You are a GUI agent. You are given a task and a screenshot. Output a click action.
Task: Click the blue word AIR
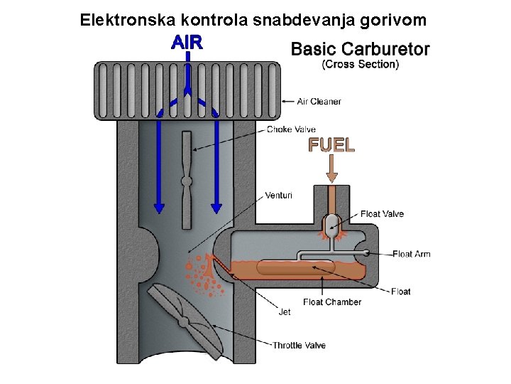pos(187,42)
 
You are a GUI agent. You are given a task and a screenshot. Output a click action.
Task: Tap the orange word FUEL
pos(331,145)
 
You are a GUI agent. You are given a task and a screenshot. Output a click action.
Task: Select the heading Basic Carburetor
pos(361,49)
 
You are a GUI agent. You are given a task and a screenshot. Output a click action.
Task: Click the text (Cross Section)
pos(361,64)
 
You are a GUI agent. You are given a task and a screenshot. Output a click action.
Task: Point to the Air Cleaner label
pos(319,102)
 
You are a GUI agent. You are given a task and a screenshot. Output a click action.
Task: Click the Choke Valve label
pos(291,129)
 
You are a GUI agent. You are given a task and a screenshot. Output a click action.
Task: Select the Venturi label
pos(278,195)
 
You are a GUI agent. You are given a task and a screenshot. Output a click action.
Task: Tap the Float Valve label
pos(382,213)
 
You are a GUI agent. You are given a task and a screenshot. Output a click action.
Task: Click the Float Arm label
pos(412,254)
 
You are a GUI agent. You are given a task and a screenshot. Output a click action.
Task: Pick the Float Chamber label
pos(332,302)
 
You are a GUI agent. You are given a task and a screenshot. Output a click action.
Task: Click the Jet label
pos(284,311)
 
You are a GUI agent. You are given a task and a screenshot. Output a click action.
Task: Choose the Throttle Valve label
pos(299,346)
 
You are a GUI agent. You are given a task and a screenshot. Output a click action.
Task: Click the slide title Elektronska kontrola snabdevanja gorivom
pos(253,19)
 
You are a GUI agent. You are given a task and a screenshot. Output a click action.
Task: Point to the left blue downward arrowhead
pos(159,208)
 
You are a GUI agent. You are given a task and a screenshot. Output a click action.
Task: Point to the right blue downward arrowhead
pos(216,208)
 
